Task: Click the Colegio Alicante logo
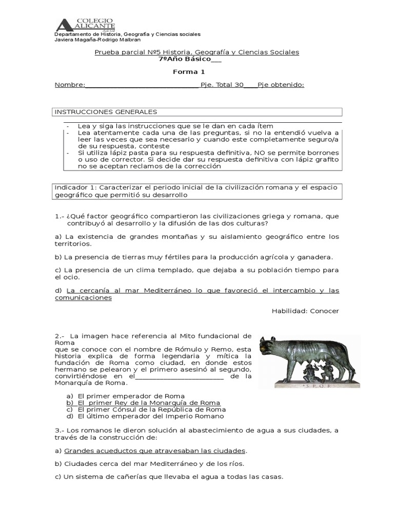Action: (85, 25)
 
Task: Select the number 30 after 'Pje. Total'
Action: (239, 85)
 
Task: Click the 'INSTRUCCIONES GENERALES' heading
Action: (106, 112)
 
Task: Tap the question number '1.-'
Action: (60, 216)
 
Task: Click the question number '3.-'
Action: (60, 430)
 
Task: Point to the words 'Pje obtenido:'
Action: (281, 85)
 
